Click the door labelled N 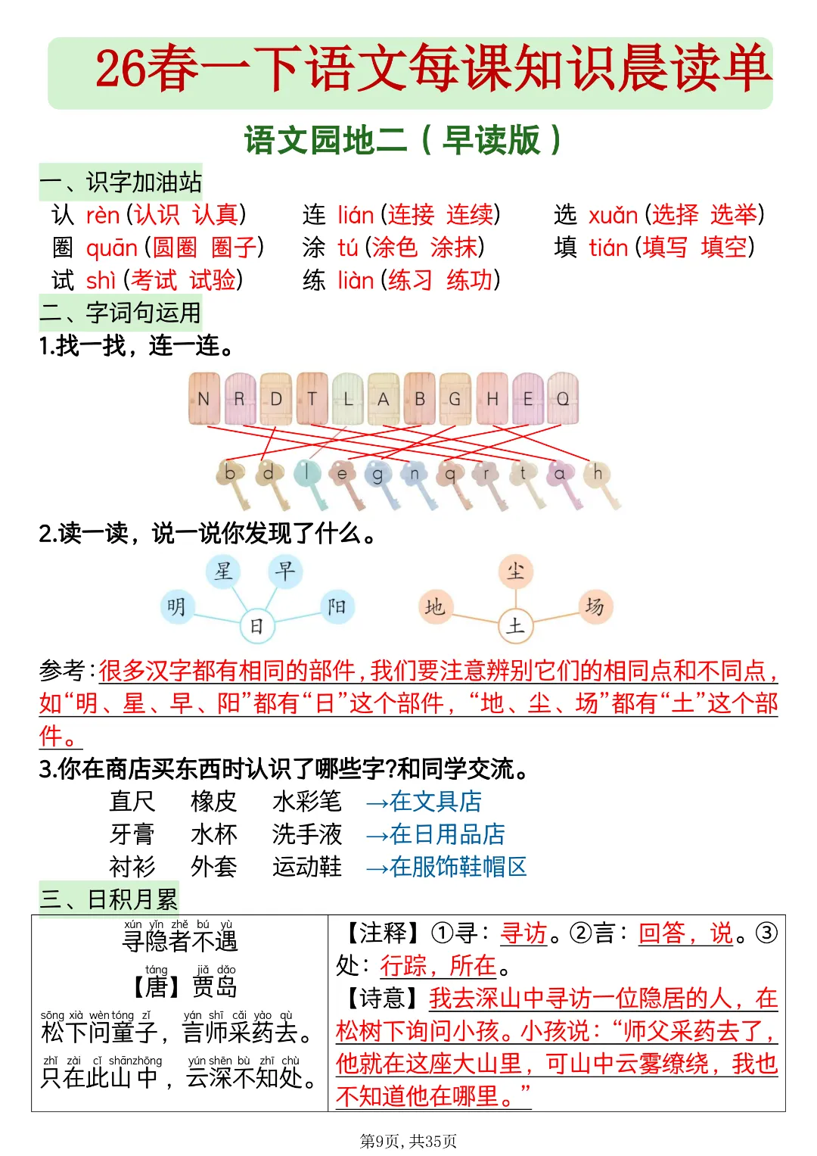point(203,398)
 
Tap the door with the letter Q point(563,398)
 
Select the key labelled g point(377,475)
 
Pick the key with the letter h point(597,473)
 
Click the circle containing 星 point(223,571)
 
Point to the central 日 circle point(256,626)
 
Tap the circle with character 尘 point(516,571)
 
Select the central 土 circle point(516,626)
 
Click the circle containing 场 point(595,606)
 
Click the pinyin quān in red point(112,248)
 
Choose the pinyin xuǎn point(614,216)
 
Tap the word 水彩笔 point(306,801)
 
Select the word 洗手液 point(306,834)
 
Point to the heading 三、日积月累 point(109,899)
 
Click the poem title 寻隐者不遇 point(180,940)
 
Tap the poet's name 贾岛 point(214,986)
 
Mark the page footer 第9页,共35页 point(408,1141)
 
